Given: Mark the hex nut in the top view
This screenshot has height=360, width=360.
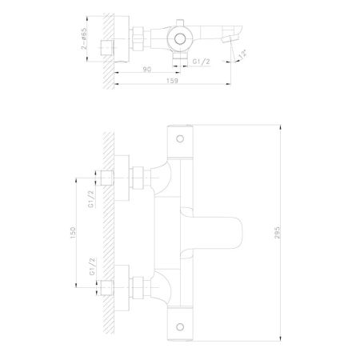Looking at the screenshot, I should tap(138, 37).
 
